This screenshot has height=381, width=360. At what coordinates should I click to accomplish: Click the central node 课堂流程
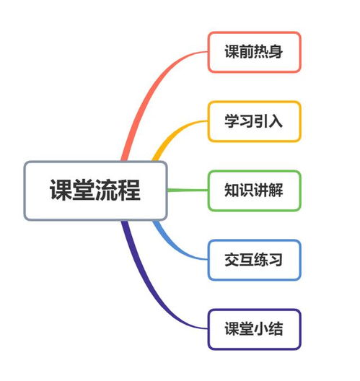point(95,190)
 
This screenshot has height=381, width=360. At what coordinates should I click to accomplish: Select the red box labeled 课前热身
point(255,52)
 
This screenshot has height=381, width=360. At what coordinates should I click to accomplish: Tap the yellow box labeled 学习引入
point(255,121)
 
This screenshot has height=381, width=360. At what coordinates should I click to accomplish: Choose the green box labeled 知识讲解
point(255,190)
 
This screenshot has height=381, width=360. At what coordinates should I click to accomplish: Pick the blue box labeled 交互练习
point(255,260)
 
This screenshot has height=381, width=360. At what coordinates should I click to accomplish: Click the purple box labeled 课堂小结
point(255,329)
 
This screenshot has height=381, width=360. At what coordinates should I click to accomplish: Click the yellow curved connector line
point(171,133)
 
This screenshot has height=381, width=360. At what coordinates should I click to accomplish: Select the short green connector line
point(188,190)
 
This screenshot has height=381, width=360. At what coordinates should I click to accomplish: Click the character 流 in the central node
point(107,190)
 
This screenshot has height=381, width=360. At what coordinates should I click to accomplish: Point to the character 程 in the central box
point(129,190)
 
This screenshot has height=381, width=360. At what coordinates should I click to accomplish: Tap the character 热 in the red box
point(261,51)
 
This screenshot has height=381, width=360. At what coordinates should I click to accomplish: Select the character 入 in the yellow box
point(276,121)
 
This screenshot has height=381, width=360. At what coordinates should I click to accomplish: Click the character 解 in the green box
point(276,190)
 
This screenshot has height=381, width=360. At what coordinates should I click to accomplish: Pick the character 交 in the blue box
point(232,260)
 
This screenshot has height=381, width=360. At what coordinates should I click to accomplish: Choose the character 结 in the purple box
point(276,329)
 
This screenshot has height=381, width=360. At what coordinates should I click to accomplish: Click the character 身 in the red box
point(276,51)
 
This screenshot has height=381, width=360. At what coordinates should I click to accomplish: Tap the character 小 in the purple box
point(261,329)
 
